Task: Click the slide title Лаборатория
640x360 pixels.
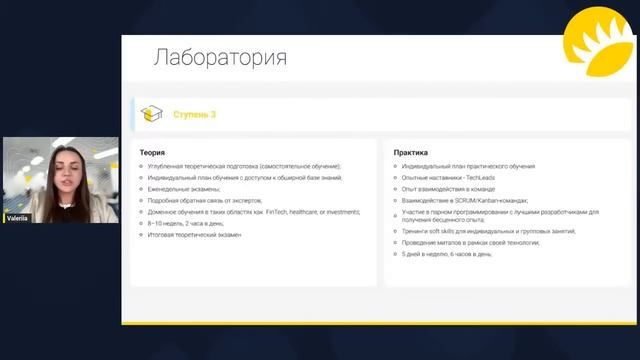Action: pyautogui.click(x=219, y=57)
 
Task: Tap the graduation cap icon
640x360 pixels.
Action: pyautogui.click(x=151, y=114)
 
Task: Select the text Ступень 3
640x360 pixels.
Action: pyautogui.click(x=194, y=115)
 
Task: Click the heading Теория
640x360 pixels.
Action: pyautogui.click(x=152, y=152)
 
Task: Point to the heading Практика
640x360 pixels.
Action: pyautogui.click(x=411, y=152)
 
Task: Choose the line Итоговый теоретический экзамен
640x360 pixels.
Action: pyautogui.click(x=195, y=235)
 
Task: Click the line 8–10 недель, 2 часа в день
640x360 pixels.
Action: pyautogui.click(x=187, y=224)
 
